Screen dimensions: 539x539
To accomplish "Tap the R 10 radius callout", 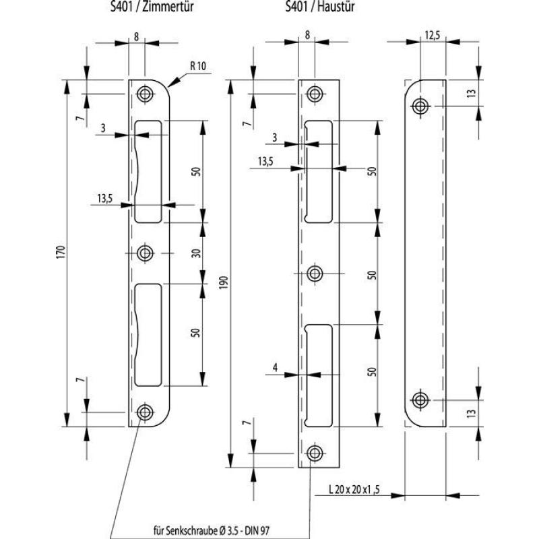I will coord(199,66).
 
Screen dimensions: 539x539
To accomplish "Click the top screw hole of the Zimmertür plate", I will coord(144,94).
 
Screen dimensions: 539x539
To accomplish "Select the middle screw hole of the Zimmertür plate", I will coord(144,253).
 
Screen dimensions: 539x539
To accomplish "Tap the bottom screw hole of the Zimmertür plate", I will coord(144,413).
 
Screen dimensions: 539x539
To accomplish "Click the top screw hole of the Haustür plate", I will coord(315,94).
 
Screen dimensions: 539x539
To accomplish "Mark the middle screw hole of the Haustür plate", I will coord(315,274).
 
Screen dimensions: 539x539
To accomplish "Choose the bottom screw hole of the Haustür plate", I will coord(315,453).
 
